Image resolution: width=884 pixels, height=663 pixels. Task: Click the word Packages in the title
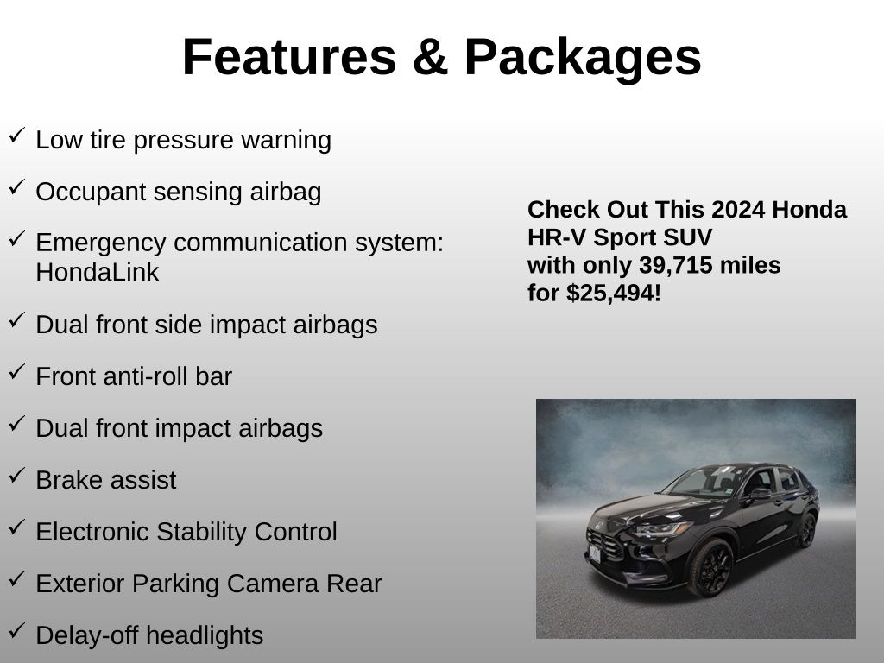click(x=583, y=58)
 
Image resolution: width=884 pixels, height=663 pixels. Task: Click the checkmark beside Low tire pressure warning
click(x=17, y=136)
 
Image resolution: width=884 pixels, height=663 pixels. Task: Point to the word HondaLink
click(x=98, y=272)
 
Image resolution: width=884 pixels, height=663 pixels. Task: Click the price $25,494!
click(x=614, y=294)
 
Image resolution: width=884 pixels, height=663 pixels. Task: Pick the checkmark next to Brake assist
click(x=17, y=476)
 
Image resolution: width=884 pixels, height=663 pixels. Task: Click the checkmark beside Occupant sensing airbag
click(x=17, y=187)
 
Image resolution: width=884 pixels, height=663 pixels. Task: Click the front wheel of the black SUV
click(x=710, y=568)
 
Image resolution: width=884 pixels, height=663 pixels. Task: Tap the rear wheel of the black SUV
click(x=808, y=530)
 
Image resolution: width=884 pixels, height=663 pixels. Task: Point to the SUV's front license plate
click(x=595, y=553)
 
